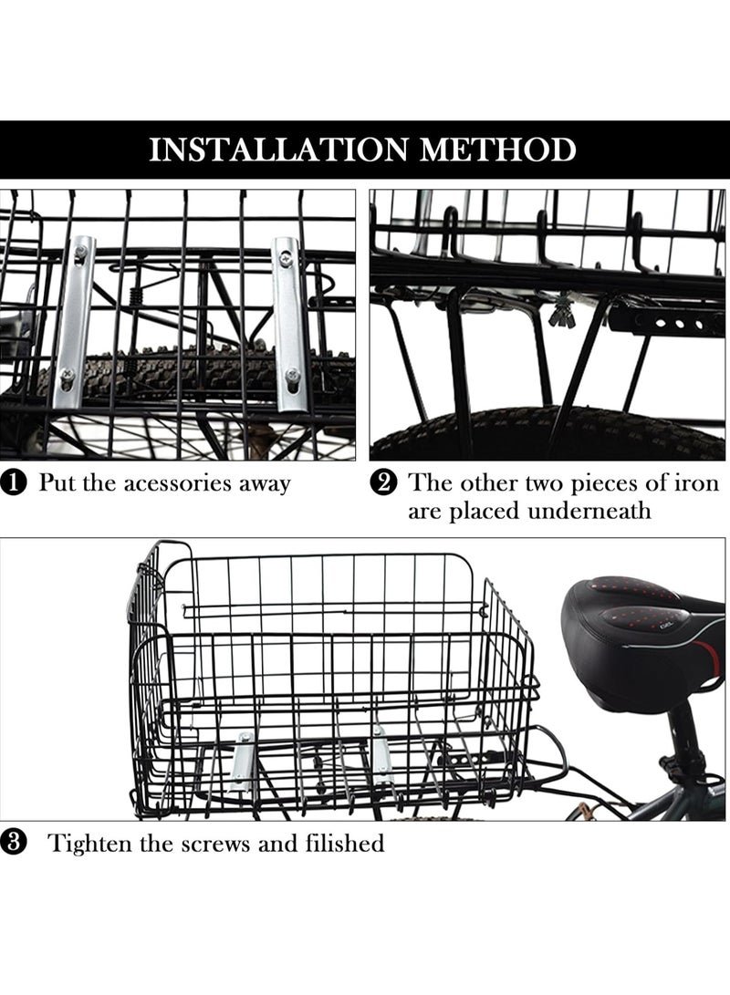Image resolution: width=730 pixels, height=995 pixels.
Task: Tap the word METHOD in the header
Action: (x=498, y=150)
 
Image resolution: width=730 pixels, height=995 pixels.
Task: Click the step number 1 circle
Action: (x=15, y=483)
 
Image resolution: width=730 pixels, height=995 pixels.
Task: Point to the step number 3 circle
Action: (x=15, y=844)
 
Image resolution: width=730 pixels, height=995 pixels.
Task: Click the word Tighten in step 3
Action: (x=88, y=844)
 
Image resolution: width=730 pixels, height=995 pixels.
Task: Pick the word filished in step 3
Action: (x=345, y=843)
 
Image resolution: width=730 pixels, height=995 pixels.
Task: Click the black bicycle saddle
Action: (x=642, y=641)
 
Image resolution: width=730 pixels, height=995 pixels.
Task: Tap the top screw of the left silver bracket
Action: (x=80, y=253)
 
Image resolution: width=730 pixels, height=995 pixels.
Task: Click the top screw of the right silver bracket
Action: (x=287, y=257)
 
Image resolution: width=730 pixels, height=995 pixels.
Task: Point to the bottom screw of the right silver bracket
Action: (x=291, y=375)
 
